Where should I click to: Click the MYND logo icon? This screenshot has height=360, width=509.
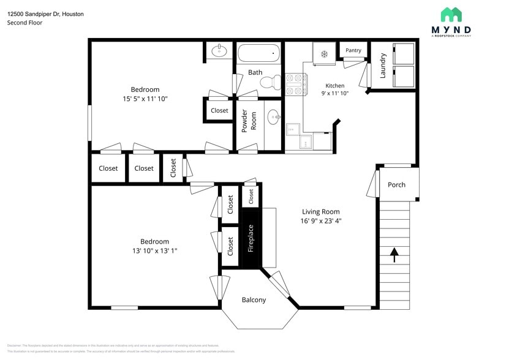[x=451, y=15]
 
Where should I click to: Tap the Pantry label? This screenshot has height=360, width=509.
[x=353, y=50]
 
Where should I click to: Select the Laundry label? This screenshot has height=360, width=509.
[x=383, y=66]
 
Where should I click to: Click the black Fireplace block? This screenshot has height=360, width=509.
[x=251, y=239]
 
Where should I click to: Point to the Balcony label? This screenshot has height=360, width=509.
[x=254, y=300]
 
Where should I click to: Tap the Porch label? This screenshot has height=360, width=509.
[x=396, y=185]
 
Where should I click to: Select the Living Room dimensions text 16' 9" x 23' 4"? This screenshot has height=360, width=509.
[x=320, y=221]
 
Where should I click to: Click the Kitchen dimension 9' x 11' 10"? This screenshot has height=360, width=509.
[x=334, y=94]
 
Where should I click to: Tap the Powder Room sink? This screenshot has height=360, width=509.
[x=274, y=115]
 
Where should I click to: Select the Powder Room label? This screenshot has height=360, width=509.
[x=249, y=121]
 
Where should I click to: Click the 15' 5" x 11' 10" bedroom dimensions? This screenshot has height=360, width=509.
[x=145, y=98]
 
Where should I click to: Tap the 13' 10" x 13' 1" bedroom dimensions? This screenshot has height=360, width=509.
[x=154, y=250]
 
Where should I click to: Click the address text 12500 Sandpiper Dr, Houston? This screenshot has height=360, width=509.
[x=46, y=13]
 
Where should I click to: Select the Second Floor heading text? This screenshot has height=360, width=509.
[x=25, y=23]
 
